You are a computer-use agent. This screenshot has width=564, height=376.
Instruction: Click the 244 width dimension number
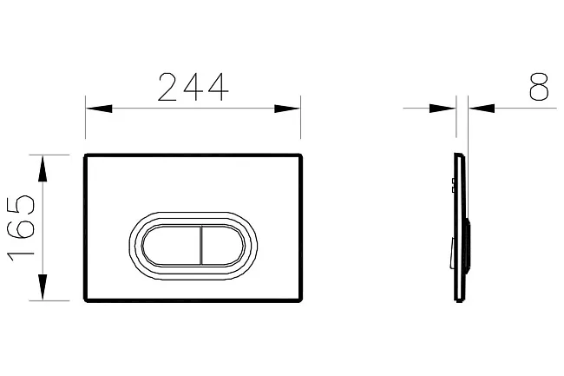coord(193,87)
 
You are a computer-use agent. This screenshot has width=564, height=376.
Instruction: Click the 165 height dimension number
coord(21,228)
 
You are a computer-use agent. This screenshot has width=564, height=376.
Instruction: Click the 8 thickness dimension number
coord(539,86)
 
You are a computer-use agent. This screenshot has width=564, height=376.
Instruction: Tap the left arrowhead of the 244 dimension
coord(99,109)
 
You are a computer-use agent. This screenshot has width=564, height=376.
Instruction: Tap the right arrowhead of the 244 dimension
coord(287,109)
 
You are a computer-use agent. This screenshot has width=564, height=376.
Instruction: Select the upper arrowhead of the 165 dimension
coord(43,168)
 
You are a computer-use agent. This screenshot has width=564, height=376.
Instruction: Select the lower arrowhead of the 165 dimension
coord(43,287)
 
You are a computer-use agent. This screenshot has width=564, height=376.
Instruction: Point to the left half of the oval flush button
coord(171,246)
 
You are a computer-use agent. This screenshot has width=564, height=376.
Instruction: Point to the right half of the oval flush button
coord(223,246)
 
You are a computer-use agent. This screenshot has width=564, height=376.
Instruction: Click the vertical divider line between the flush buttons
coord(200,246)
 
